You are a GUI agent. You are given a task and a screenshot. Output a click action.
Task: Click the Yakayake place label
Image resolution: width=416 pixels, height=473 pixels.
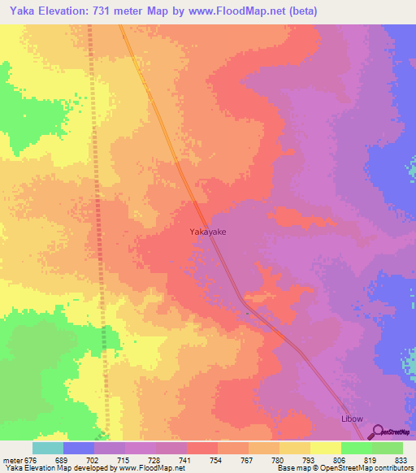click(208, 232)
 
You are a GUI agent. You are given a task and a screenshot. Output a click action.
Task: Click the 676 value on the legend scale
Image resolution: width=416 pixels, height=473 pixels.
click(32, 459)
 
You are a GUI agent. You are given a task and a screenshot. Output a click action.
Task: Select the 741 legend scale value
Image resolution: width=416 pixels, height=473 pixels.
click(187, 459)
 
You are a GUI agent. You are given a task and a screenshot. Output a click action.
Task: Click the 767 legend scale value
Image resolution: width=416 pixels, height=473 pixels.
click(249, 459)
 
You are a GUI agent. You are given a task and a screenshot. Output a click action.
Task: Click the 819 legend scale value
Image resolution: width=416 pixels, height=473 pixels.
click(372, 459)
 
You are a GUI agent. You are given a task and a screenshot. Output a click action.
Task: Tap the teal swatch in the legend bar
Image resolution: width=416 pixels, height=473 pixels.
click(48, 448)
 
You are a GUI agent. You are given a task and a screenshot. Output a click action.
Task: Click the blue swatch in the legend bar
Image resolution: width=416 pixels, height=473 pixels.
click(79, 448)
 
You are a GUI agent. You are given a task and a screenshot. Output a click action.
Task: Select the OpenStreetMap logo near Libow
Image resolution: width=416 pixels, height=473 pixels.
click(393, 432)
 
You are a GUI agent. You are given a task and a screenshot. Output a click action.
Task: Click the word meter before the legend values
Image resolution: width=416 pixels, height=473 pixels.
click(11, 459)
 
